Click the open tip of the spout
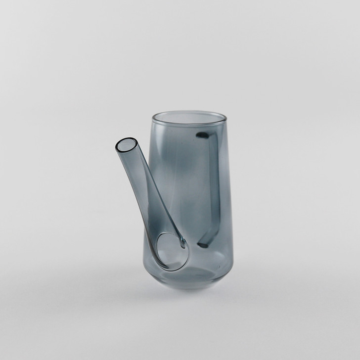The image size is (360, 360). tap(126, 145)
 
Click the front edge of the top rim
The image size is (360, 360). tap(188, 124)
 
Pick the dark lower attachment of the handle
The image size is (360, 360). tap(203, 244)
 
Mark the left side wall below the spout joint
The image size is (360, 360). tap(149, 267)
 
